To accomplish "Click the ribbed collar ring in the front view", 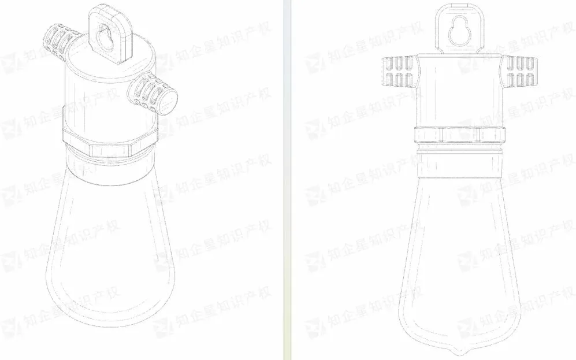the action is point(459,135).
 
